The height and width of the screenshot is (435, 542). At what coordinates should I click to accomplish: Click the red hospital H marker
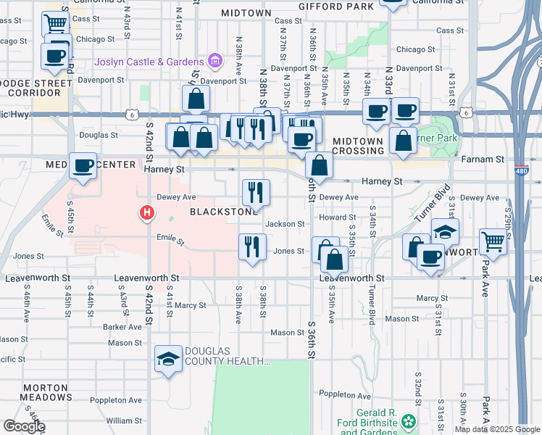point(146,212)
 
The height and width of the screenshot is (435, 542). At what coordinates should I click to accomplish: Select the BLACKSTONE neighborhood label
point(223,212)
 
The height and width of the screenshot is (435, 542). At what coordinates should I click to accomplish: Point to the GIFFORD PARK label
point(338,6)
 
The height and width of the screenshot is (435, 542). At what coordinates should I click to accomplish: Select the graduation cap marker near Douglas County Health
point(168,359)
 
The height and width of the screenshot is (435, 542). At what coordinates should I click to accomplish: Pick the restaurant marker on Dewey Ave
point(255,192)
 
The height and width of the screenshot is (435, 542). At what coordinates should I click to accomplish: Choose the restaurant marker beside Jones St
point(252,246)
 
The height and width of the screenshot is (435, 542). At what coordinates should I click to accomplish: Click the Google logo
point(23,426)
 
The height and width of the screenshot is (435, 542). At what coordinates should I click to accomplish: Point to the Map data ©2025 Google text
point(497,429)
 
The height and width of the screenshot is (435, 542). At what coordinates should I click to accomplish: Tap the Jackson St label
point(285,224)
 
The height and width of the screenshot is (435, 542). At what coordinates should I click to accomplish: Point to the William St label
point(124,420)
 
